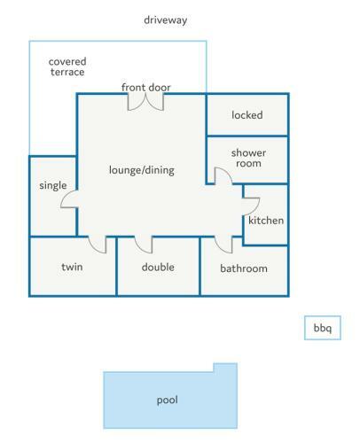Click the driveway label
166,20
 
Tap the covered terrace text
67,66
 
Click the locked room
247,114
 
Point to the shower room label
248,158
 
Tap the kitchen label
266,221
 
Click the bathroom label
244,268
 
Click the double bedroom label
158,267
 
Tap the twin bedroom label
72,267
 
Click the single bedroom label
53,185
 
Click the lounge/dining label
142,170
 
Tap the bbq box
323,328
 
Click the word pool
168,400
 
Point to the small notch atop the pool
225,368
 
